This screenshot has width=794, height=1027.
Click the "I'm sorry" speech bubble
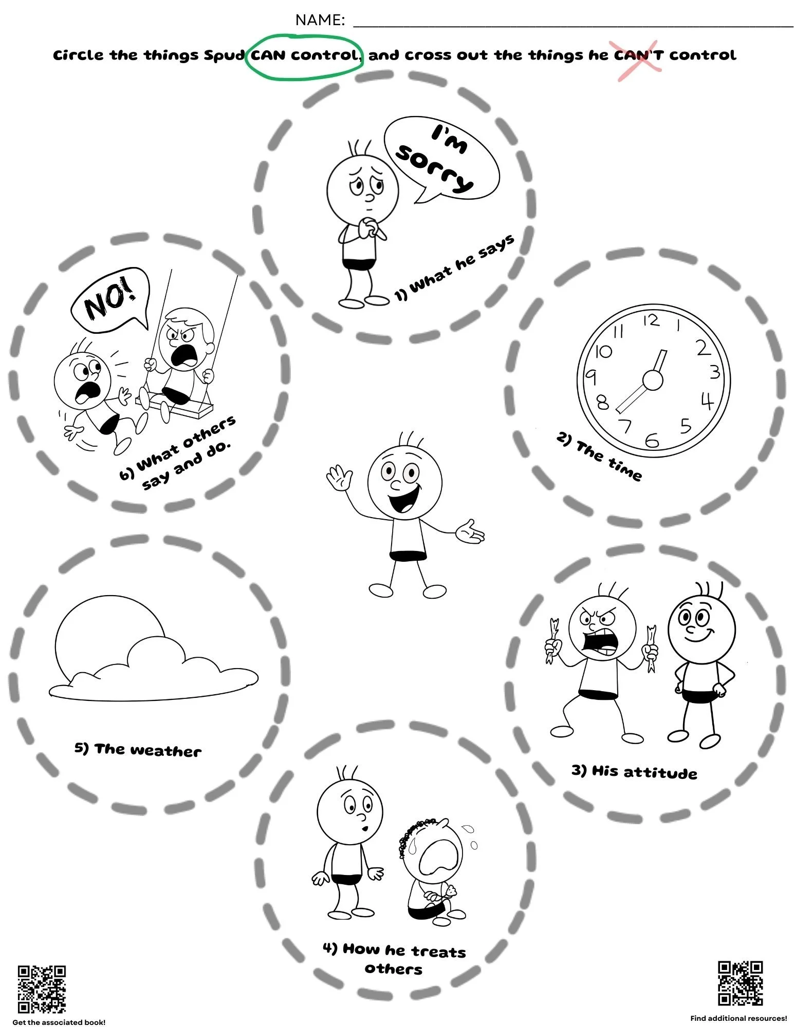pyautogui.click(x=442, y=159)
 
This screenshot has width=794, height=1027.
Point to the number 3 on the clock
pyautogui.click(x=714, y=371)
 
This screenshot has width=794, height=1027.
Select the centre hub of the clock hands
pyautogui.click(x=652, y=381)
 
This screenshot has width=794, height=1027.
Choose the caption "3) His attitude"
pyautogui.click(x=634, y=771)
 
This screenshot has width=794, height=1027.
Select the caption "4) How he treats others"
pyautogui.click(x=394, y=958)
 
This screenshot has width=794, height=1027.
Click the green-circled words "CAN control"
pyautogui.click(x=304, y=55)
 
